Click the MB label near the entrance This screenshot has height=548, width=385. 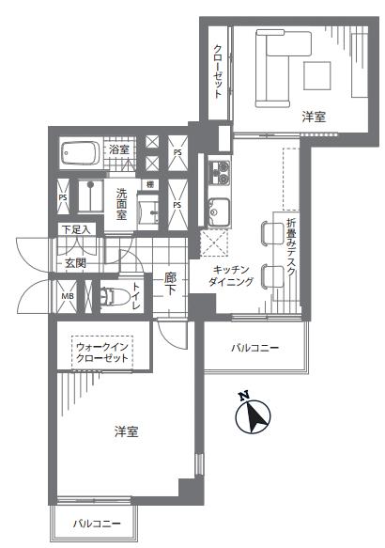pos(68,296)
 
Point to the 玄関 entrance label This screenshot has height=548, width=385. pos(75,263)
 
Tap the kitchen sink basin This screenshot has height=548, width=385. pos(219,211)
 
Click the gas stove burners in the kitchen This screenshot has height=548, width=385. pos(219,172)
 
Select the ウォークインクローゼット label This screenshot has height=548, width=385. pos(102,352)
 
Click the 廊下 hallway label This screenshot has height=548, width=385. pos(170,284)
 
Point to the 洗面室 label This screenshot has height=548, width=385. pos(121,204)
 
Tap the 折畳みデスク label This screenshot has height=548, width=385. pos(291,247)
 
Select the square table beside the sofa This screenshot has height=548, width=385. pos(317,75)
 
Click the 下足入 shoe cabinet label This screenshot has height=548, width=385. pos(76,229)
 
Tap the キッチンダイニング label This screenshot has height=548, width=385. pos(230,275)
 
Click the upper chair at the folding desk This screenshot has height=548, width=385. pos(272,233)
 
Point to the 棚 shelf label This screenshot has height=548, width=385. pos(150,184)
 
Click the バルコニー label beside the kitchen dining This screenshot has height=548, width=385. pos(254,348)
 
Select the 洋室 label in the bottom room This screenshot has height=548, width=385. pos(127,431)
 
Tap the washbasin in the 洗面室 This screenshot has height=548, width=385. pos(150,212)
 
